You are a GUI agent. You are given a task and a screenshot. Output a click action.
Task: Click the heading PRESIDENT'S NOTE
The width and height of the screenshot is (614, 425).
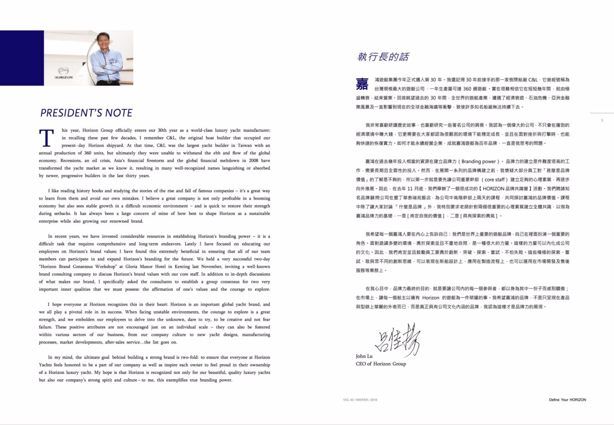coord(86,113)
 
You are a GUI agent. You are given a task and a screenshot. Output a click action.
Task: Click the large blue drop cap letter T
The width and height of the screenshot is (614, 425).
coord(46,138)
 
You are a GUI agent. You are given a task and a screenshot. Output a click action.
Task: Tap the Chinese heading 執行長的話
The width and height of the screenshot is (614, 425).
coord(383,57)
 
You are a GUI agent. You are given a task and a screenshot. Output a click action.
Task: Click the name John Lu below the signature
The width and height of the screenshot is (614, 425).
coord(363,356)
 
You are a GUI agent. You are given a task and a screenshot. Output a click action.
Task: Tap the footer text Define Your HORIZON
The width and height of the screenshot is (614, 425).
coord(567,400)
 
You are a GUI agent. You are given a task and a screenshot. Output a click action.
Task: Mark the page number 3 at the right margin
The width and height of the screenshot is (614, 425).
coord(602,120)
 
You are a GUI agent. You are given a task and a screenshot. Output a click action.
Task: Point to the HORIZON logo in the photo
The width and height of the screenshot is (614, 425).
coord(64,76)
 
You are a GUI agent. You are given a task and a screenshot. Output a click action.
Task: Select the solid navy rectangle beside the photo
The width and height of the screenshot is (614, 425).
coord(22,58)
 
